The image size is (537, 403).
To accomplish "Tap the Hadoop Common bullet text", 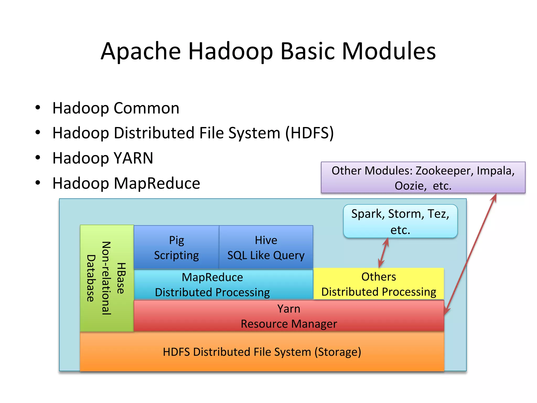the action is (x=116, y=108).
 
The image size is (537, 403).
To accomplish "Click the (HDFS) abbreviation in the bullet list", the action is (x=309, y=133).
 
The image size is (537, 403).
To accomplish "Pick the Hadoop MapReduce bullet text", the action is (x=126, y=183).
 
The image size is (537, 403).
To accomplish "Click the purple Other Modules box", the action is (x=423, y=178).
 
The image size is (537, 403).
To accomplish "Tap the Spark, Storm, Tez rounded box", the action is (x=400, y=221).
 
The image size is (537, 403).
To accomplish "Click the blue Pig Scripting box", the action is (x=176, y=247).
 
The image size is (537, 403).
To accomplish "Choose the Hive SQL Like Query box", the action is (x=266, y=247).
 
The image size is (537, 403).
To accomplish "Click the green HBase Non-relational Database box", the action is (x=107, y=278).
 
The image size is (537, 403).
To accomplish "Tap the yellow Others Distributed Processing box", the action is (x=379, y=284).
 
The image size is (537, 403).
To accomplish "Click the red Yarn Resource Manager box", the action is (x=289, y=316).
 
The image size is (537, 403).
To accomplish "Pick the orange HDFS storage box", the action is (x=262, y=352).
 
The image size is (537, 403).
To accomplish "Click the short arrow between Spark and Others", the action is (x=383, y=253).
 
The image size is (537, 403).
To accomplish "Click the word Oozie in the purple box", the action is (x=410, y=186).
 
